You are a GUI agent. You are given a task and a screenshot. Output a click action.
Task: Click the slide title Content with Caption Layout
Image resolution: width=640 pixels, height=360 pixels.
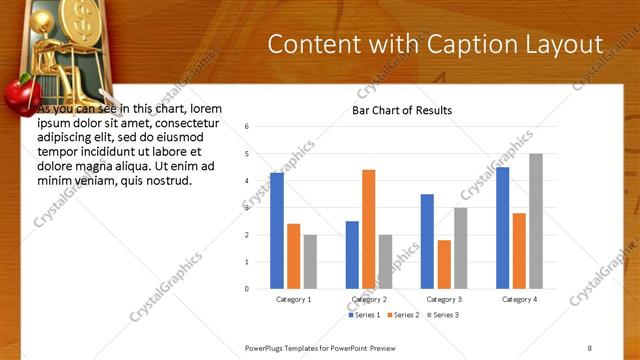coord(436,44)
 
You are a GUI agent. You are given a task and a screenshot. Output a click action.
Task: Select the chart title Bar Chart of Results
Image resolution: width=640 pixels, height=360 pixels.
coord(402,111)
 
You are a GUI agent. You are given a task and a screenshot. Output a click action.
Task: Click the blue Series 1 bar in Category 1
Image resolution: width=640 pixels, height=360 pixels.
coord(277,230)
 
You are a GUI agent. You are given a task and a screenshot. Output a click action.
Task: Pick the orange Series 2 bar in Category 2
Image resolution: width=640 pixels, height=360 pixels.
coord(368,229)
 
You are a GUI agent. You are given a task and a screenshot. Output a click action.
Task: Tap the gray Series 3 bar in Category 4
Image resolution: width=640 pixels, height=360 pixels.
coord(536,221)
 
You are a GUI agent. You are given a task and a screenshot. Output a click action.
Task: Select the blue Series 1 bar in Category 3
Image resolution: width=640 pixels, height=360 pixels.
coord(427,241)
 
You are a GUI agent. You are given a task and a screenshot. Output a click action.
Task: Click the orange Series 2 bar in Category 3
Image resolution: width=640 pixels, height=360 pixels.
coord(444,264)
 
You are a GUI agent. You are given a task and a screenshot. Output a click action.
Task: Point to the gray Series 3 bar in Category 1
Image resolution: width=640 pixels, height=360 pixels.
coord(310,261)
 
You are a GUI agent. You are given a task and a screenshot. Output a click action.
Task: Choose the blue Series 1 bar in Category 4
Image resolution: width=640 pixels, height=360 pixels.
coord(502,227)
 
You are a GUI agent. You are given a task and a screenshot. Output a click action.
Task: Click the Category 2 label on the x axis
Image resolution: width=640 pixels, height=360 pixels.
coord(369,299)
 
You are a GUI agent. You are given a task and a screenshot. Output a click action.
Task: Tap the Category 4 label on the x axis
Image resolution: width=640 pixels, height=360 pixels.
coord(519,299)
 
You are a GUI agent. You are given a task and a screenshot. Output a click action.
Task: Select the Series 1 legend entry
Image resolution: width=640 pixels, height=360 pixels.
coord(364,315)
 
